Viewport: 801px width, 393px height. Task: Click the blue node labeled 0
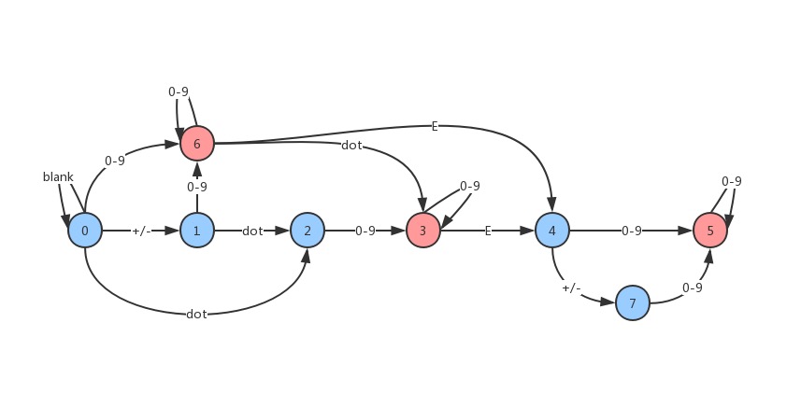click(85, 231)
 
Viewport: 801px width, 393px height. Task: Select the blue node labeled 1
click(197, 231)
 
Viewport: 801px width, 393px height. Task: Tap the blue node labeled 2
click(308, 231)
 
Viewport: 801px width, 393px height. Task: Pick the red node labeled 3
click(423, 231)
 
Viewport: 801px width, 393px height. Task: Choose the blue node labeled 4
click(552, 231)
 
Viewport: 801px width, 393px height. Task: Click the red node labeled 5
click(710, 231)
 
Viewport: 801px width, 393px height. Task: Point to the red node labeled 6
click(197, 144)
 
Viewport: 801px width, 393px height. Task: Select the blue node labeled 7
click(633, 303)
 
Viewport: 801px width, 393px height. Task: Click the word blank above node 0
click(58, 176)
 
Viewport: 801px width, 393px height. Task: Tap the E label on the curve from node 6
click(435, 127)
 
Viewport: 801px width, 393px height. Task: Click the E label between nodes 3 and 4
click(488, 231)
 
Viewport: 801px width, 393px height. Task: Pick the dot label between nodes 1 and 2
click(252, 231)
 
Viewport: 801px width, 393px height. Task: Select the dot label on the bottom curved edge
click(196, 314)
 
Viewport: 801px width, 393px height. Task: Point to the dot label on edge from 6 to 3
click(351, 146)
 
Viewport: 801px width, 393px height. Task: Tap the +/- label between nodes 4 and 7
click(572, 288)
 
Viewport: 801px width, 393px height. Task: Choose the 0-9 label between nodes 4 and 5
click(632, 231)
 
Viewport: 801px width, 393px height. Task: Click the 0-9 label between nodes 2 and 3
click(365, 231)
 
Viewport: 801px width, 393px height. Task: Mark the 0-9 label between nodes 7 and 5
click(692, 288)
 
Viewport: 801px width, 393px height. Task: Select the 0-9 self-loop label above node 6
click(179, 91)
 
